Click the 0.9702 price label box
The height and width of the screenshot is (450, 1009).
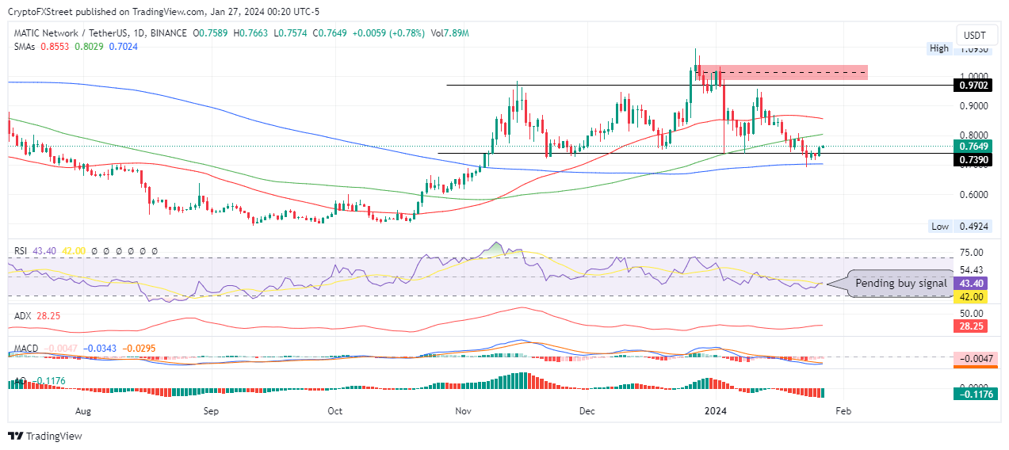pyautogui.click(x=972, y=85)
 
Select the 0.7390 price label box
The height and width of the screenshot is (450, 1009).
pyautogui.click(x=972, y=160)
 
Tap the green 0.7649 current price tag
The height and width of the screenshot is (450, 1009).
pyautogui.click(x=972, y=147)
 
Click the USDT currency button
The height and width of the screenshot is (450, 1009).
pyautogui.click(x=974, y=36)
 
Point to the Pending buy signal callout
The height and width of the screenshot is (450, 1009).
pyautogui.click(x=900, y=284)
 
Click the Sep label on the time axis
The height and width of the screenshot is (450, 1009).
pyautogui.click(x=210, y=411)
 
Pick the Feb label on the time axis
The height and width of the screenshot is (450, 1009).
pyautogui.click(x=844, y=411)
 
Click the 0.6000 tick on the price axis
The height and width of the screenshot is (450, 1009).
pyautogui.click(x=972, y=195)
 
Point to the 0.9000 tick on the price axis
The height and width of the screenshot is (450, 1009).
pyautogui.click(x=972, y=106)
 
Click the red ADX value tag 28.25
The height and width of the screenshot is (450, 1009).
pyautogui.click(x=972, y=326)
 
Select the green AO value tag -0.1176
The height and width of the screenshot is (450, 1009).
pyautogui.click(x=972, y=393)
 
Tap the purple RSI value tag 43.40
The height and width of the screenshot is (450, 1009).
pyautogui.click(x=972, y=284)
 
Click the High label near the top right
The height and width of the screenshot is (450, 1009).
pyautogui.click(x=939, y=48)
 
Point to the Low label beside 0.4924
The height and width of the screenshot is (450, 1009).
pyautogui.click(x=940, y=227)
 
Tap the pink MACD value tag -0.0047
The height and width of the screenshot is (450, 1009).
pyautogui.click(x=972, y=358)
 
